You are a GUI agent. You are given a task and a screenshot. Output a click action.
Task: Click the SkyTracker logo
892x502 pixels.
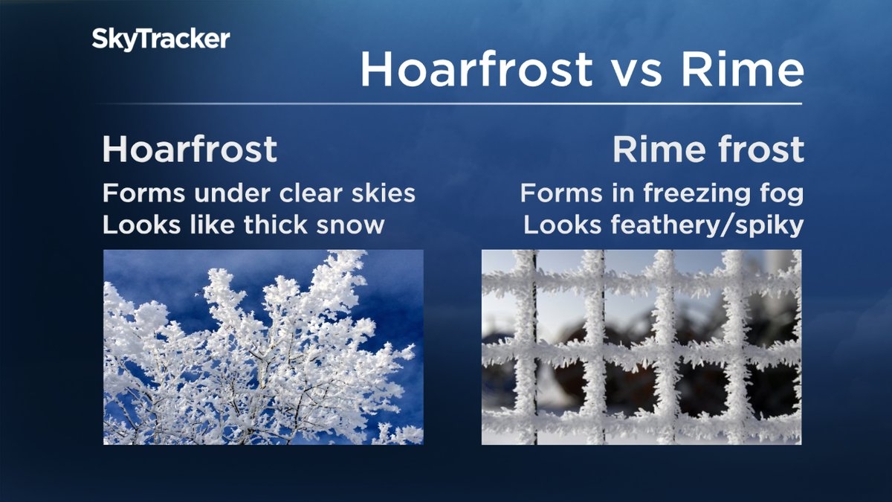161,40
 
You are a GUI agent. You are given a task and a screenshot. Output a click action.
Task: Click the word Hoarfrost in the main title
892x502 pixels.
476,69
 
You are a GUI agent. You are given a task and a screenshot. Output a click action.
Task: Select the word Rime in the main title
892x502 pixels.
743,69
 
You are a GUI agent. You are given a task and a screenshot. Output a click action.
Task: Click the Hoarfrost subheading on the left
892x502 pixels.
190,149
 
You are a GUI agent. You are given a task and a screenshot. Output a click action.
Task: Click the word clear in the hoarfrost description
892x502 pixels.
311,193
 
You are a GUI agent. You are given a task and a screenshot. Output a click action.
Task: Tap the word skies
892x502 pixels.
383,193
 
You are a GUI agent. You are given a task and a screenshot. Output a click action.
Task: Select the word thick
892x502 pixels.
276,225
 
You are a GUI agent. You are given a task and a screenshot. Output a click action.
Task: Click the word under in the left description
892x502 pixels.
232,193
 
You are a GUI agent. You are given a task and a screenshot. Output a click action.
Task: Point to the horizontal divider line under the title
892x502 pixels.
449,103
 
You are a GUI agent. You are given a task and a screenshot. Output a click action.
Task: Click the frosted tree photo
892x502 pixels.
263,347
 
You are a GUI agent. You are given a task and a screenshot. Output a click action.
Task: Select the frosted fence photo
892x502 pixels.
641,347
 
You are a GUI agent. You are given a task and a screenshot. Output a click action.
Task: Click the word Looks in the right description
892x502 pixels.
562,225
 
